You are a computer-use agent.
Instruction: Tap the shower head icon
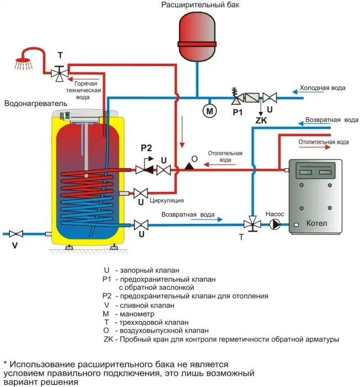tap(24, 63)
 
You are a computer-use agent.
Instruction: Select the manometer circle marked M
tap(209, 111)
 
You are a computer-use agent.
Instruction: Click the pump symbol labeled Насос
tap(275, 224)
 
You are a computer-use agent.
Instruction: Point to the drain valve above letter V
tap(16, 234)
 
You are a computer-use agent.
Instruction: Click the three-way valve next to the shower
tap(60, 73)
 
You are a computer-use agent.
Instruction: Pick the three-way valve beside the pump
tap(252, 224)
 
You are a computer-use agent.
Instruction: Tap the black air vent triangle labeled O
tap(189, 166)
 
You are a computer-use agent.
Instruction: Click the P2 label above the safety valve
tap(146, 148)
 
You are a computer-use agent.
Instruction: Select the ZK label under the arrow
tap(261, 120)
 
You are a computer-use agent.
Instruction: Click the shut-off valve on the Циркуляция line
tap(141, 193)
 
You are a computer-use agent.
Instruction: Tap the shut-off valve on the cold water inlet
tap(270, 98)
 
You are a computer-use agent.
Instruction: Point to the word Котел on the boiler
tap(316, 223)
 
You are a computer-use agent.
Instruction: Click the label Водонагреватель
tap(36, 104)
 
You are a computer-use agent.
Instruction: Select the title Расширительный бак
tap(200, 5)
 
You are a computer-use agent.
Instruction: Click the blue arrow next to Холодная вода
tap(308, 92)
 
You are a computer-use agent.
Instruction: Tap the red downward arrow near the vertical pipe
tap(182, 132)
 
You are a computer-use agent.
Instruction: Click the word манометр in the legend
tap(137, 314)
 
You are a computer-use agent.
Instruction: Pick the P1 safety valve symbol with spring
tap(237, 96)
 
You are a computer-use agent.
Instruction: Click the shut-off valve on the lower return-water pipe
tap(141, 225)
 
